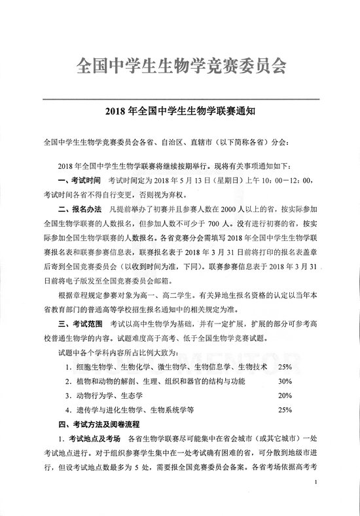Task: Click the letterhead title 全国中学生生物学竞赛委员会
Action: [x=179, y=66]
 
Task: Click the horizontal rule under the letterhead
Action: [x=179, y=98]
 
